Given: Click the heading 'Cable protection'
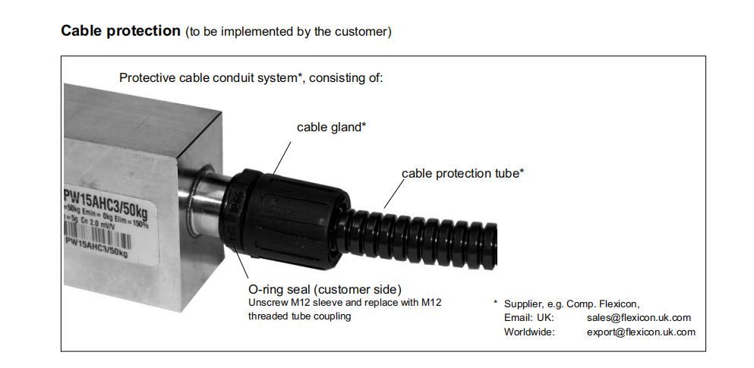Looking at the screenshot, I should pyautogui.click(x=119, y=31).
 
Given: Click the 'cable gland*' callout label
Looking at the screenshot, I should pyautogui.click(x=331, y=127).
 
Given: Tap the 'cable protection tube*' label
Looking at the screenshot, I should pyautogui.click(x=462, y=173).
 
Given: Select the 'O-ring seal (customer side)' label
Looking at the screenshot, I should pyautogui.click(x=324, y=289).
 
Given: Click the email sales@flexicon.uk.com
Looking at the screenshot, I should pyautogui.click(x=639, y=318).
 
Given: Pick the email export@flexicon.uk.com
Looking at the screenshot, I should pyautogui.click(x=641, y=332).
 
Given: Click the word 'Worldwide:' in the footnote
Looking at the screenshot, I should pyautogui.click(x=529, y=332).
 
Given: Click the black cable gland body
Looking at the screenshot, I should pyautogui.click(x=281, y=216).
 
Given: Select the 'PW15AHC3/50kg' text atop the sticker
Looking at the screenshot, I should pyautogui.click(x=106, y=198).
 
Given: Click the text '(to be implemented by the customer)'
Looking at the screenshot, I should pyautogui.click(x=288, y=33).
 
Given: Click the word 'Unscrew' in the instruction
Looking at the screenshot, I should pyautogui.click(x=266, y=303).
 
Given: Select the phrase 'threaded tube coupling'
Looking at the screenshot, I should pyautogui.click(x=300, y=316).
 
